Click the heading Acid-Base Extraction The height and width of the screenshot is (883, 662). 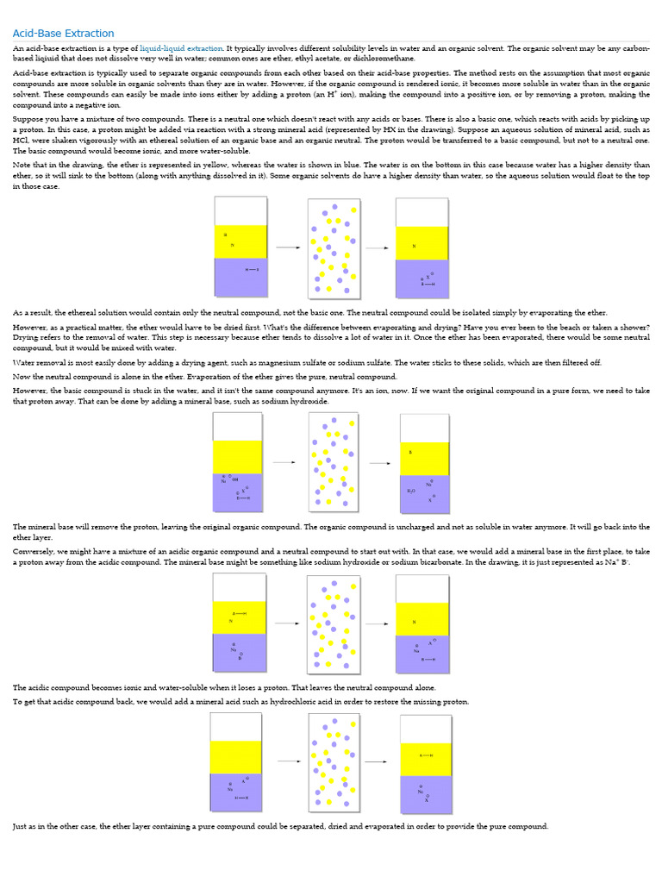[63, 34]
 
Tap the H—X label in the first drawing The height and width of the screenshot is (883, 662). [251, 270]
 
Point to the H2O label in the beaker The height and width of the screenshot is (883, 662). [411, 491]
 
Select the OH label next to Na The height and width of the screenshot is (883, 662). [235, 479]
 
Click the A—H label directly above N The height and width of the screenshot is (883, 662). [239, 613]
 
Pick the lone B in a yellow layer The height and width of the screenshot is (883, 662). [410, 452]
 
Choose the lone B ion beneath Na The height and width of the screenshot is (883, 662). [240, 658]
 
